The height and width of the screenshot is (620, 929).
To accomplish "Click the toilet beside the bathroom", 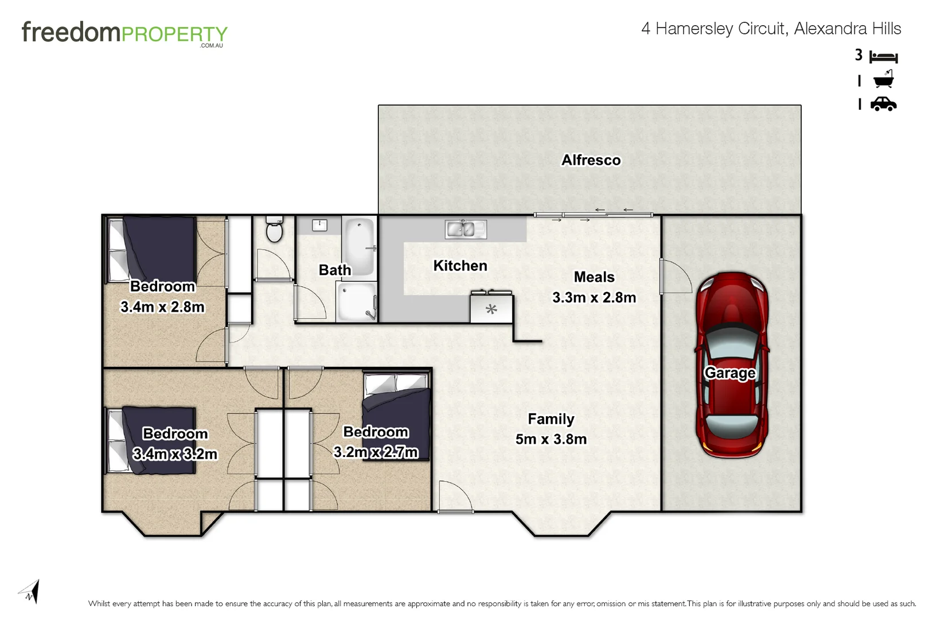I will point(275,230).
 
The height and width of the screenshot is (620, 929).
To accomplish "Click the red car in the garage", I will point(732,365).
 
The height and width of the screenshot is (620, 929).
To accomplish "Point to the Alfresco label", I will point(591,160).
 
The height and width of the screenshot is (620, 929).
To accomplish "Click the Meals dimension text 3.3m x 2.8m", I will point(594,297).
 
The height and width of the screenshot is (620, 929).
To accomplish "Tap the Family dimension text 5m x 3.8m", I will point(551,439).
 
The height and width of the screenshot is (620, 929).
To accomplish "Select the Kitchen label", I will point(460,266).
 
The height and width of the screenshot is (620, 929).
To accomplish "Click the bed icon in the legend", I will point(883,57).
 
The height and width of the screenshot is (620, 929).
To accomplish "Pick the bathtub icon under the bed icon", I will point(883,80).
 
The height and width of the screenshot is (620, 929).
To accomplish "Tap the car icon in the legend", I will point(883,104).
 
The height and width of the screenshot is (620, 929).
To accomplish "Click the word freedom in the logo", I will point(71,32).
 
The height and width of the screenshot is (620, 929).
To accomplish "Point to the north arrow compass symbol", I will point(30,592).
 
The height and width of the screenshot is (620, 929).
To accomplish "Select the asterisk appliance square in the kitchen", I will point(491,309).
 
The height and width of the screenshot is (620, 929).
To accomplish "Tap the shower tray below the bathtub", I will point(356,301).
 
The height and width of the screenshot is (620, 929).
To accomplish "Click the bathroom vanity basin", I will point(319,225).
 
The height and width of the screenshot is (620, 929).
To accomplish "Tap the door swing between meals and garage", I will point(676,277).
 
